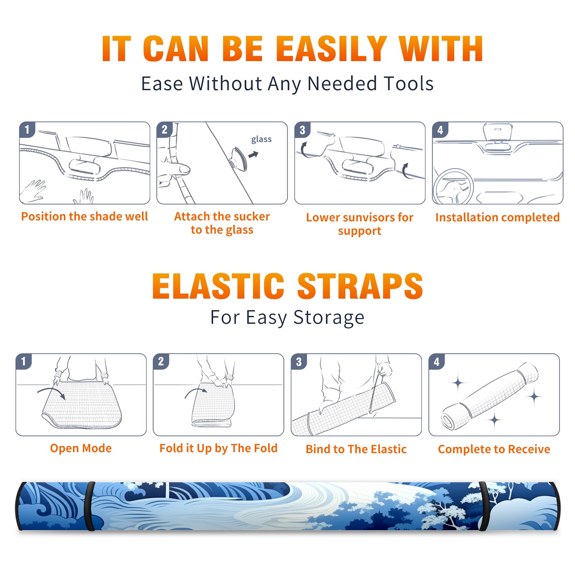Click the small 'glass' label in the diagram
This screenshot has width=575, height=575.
(x=261, y=139)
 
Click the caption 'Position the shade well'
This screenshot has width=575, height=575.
(x=84, y=216)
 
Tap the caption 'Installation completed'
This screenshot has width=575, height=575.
(x=497, y=217)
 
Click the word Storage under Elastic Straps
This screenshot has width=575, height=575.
(x=329, y=318)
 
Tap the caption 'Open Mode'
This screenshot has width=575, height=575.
(x=81, y=448)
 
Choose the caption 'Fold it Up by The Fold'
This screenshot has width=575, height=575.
(x=218, y=448)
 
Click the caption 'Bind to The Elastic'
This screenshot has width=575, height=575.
(x=356, y=449)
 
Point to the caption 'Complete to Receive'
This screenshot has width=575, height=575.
(x=494, y=449)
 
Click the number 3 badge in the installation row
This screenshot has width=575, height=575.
(x=302, y=130)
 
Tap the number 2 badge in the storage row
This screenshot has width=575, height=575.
(x=161, y=361)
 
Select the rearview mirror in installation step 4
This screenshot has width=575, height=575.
(x=498, y=133)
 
